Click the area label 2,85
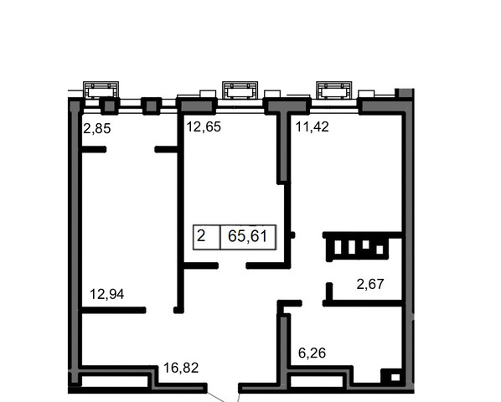tap(97, 128)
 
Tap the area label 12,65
tap(204, 126)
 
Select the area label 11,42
tap(312, 126)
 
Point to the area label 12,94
tap(106, 294)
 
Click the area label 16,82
tap(181, 368)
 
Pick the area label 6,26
tap(312, 353)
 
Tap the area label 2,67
tap(370, 284)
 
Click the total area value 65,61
tap(248, 237)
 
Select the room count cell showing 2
tap(201, 236)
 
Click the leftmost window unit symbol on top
tap(101, 90)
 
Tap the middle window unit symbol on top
tap(240, 90)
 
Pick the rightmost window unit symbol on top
tap(334, 90)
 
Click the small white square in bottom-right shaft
tap(395, 378)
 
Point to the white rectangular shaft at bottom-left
tap(115, 381)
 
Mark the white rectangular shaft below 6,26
tap(316, 381)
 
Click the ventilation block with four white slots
tap(357, 247)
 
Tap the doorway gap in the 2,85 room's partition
tap(131, 149)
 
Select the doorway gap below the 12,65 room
tap(232, 265)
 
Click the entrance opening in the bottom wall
tap(223, 387)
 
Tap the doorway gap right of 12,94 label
tap(160, 310)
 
